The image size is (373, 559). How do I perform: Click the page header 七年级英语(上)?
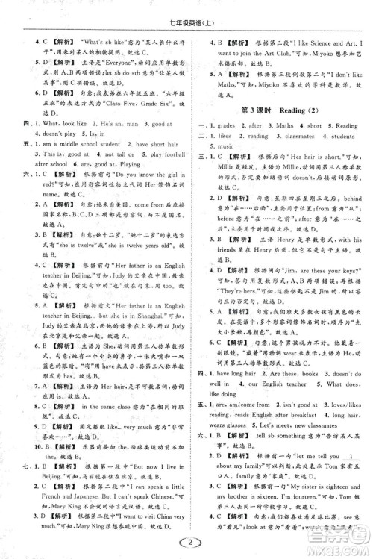click(187, 10)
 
